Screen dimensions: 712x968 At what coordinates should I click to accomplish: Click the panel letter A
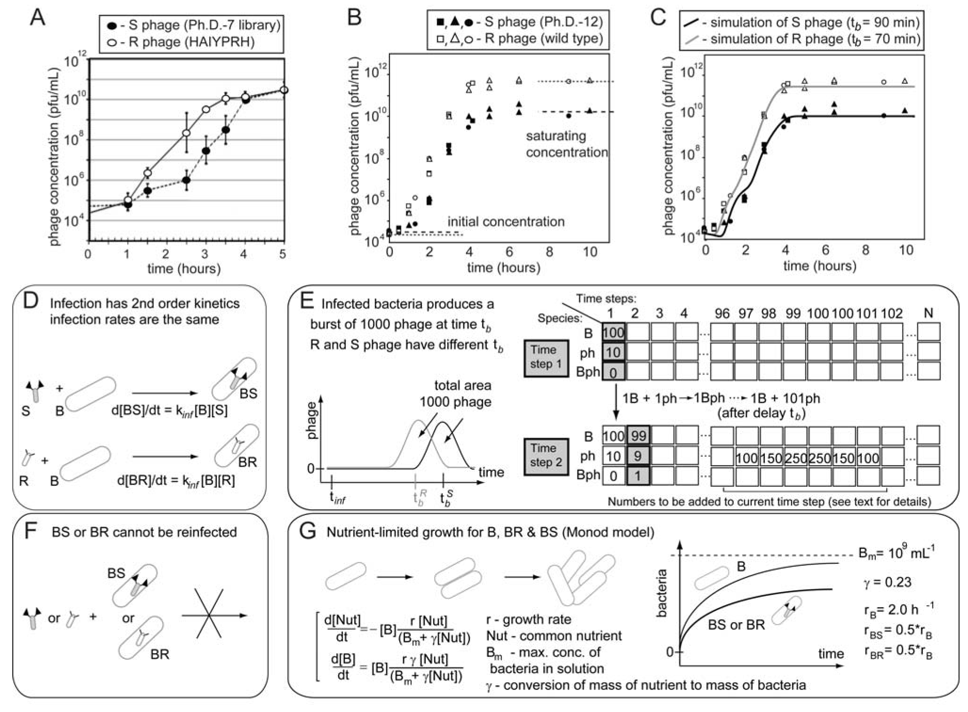[x=37, y=18]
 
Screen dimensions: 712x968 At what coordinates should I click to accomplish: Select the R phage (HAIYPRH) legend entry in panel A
[x=186, y=42]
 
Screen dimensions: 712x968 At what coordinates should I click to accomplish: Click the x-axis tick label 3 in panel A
[x=205, y=254]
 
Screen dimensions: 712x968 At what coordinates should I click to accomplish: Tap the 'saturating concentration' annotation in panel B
[x=566, y=144]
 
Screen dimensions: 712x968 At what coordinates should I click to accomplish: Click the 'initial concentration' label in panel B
[x=506, y=222]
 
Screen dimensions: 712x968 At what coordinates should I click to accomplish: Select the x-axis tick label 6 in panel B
[x=509, y=252]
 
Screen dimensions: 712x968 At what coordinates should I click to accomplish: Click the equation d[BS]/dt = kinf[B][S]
[x=169, y=410]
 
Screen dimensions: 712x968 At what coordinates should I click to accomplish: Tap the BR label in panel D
[x=247, y=462]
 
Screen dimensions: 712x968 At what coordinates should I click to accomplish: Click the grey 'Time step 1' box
[x=546, y=357]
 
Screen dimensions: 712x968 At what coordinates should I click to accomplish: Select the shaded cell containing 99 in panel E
[x=638, y=436]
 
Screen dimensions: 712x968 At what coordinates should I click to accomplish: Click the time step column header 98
[x=769, y=314]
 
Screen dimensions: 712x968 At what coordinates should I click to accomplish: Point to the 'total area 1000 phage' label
[x=455, y=394]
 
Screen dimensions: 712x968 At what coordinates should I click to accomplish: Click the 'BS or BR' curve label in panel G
[x=736, y=625]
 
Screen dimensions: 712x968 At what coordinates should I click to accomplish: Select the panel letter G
[x=308, y=533]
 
